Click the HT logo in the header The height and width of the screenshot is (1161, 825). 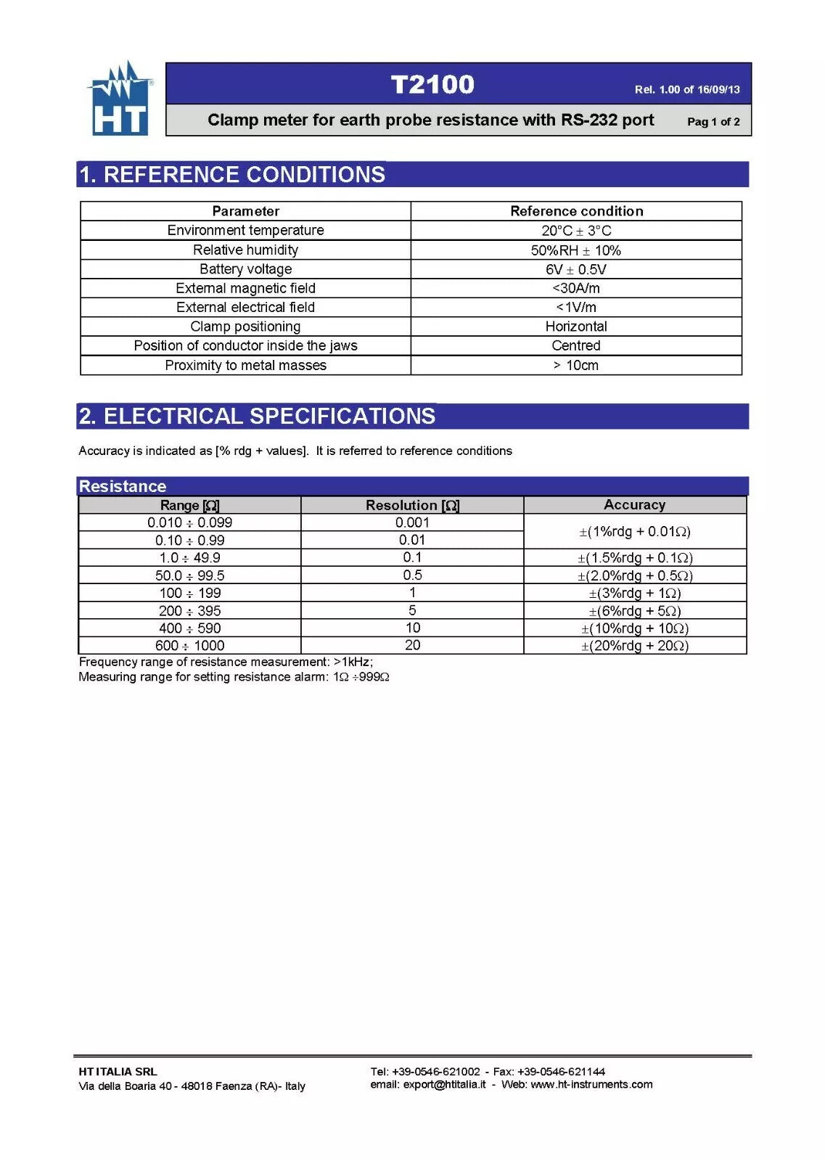pos(120,99)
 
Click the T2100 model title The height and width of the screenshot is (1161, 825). pos(432,85)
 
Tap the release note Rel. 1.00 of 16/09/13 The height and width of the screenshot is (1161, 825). pos(686,90)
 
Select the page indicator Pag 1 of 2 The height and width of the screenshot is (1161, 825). pos(713,122)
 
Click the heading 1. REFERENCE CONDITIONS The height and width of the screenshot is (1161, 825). pos(232,175)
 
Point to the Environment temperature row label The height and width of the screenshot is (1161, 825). pos(245,231)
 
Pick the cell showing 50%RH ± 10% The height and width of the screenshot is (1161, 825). pos(575,250)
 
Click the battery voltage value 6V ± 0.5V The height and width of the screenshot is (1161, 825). pos(575,269)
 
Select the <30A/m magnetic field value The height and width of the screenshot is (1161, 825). pos(575,288)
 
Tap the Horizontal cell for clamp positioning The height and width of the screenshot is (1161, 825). pos(575,327)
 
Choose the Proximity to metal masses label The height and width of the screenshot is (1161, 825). pos(245,366)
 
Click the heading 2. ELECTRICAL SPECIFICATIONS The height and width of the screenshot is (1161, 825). pos(257,417)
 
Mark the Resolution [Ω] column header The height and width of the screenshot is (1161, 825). pos(412,505)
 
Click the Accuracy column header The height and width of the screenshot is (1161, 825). pos(634,505)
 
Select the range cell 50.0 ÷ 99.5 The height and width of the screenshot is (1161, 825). pos(189,575)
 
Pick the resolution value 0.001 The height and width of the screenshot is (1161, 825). pos(412,522)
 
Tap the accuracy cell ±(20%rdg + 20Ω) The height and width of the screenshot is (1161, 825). pos(634,646)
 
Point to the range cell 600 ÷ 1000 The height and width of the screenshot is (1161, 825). pos(189,646)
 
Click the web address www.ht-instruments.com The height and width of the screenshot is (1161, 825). pos(591,1085)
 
